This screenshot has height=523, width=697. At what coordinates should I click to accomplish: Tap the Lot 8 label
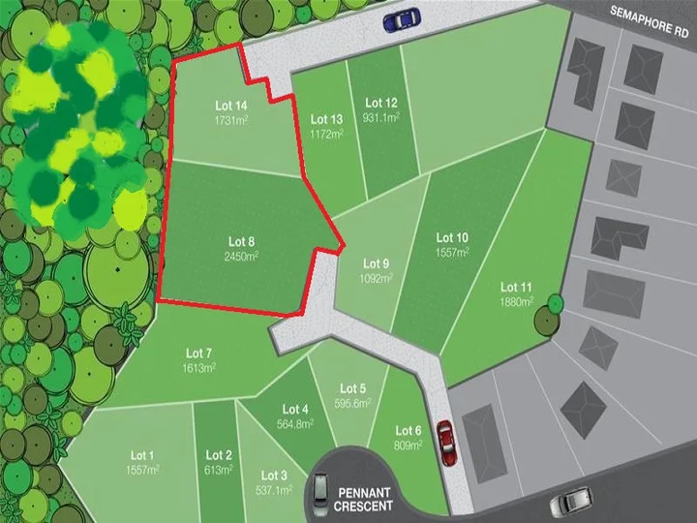pyautogui.click(x=241, y=240)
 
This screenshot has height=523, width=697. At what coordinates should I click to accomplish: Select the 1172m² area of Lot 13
pyautogui.click(x=327, y=134)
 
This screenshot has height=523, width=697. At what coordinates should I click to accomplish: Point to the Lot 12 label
pyautogui.click(x=381, y=103)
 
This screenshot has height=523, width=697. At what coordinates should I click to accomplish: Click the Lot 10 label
pyautogui.click(x=452, y=237)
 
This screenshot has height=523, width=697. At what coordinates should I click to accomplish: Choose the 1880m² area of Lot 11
pyautogui.click(x=517, y=301)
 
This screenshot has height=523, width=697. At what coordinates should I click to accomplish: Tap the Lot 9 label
pyautogui.click(x=377, y=263)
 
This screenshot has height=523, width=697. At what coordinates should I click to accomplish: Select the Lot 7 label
pyautogui.click(x=196, y=353)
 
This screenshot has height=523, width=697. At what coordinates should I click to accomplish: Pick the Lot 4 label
pyautogui.click(x=296, y=410)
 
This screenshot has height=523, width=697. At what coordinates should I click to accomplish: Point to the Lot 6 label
pyautogui.click(x=409, y=431)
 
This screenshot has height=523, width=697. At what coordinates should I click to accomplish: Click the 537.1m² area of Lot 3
pyautogui.click(x=275, y=490)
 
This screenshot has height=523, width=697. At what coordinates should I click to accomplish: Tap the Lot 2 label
pyautogui.click(x=220, y=455)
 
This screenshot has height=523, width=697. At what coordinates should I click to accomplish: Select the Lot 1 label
pyautogui.click(x=142, y=455)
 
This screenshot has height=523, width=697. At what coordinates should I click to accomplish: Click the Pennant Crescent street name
pyautogui.click(x=364, y=499)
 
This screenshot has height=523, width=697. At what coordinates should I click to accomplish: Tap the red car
pyautogui.click(x=445, y=444)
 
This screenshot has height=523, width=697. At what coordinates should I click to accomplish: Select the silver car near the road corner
pyautogui.click(x=570, y=502)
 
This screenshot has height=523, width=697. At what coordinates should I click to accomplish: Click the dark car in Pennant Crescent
pyautogui.click(x=320, y=493)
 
